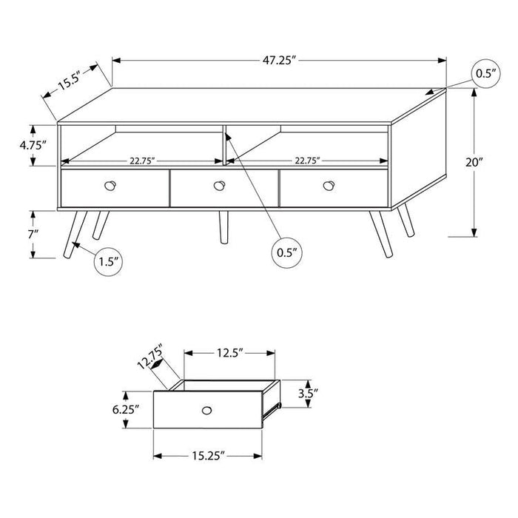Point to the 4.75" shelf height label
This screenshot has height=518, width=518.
[x=33, y=145]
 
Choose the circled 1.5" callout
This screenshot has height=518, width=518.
[x=108, y=262]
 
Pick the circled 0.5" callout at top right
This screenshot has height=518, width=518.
[x=485, y=73]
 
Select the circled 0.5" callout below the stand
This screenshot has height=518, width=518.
[x=287, y=252]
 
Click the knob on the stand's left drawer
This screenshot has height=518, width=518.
[x=112, y=185]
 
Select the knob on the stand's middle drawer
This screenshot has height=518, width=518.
[x=219, y=185]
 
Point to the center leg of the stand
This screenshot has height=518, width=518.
[x=223, y=227]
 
